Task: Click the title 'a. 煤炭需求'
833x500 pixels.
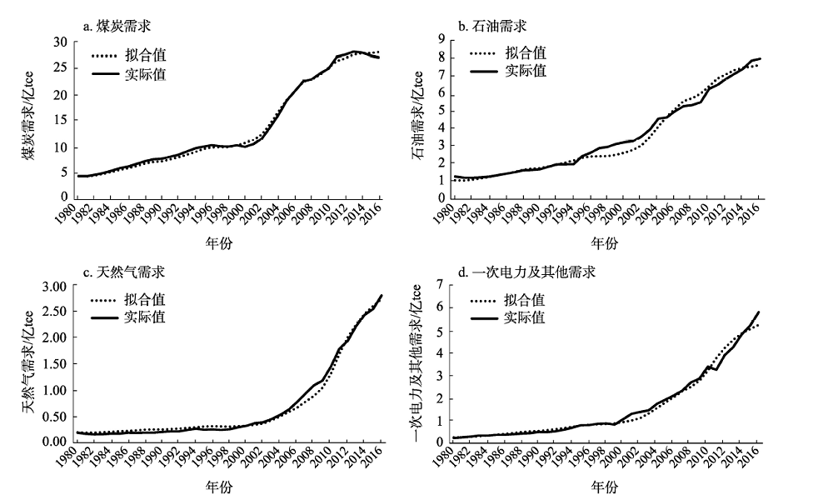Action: click(x=117, y=26)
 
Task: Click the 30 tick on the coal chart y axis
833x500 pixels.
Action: click(x=59, y=42)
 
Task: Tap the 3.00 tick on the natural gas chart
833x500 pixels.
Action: click(x=52, y=286)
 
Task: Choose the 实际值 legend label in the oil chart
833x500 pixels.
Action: click(x=526, y=71)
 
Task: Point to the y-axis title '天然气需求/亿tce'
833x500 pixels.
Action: click(x=27, y=363)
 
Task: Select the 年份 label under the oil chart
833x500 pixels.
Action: click(x=606, y=244)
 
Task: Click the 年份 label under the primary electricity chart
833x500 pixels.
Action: click(x=606, y=486)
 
